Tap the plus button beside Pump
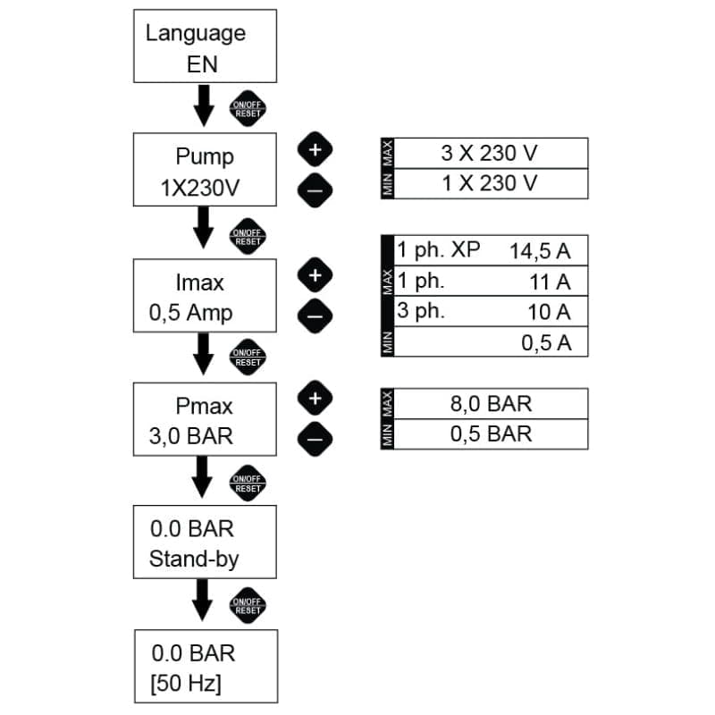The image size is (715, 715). [x=314, y=151]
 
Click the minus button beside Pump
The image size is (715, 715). [x=314, y=188]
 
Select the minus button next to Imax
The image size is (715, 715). [x=314, y=314]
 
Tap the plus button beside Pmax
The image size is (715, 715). [x=314, y=398]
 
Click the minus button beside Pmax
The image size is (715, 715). [x=314, y=436]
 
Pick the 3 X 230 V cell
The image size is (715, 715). [x=491, y=153]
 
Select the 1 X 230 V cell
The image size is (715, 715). [x=491, y=183]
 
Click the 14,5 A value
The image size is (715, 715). [x=540, y=251]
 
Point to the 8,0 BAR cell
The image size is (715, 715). [x=491, y=403]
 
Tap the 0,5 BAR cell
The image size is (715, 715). [x=491, y=434]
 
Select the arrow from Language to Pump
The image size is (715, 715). [x=204, y=106]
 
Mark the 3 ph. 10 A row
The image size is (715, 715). [x=491, y=312]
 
